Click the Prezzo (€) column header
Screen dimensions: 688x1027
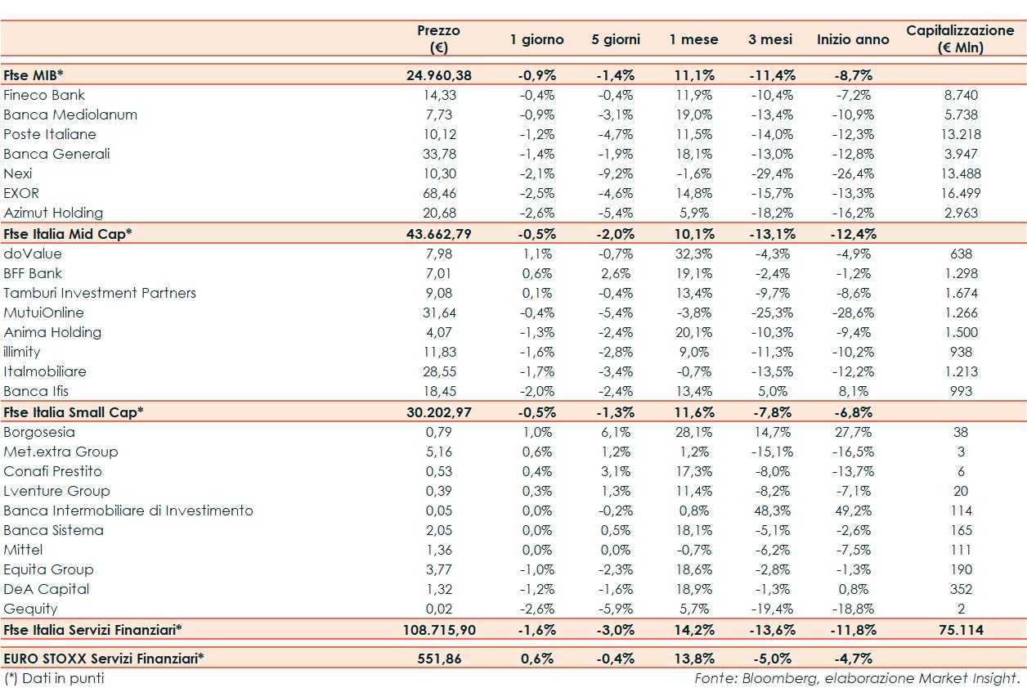point(438,38)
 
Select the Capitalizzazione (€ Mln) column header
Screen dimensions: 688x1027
point(960,38)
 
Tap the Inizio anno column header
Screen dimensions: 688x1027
point(853,39)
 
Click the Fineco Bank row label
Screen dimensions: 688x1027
point(44,95)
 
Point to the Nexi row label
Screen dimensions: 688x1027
point(18,173)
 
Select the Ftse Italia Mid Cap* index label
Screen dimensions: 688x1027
point(68,233)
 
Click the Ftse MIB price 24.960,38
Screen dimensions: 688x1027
point(439,75)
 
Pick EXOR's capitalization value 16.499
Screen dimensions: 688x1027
point(960,193)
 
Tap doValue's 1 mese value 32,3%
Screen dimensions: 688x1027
point(693,254)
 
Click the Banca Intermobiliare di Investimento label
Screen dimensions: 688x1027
point(128,510)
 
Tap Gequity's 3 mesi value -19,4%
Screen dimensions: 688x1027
point(771,609)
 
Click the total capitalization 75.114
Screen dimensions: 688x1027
point(960,630)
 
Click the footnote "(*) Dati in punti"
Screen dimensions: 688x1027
point(54,678)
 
